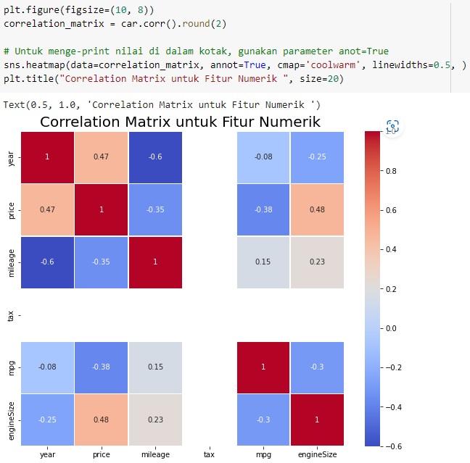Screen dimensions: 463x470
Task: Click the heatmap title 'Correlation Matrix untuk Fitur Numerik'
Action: point(180,122)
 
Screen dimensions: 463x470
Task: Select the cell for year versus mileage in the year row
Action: point(155,157)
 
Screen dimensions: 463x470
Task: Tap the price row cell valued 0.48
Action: point(317,209)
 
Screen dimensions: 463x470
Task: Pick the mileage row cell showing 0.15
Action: point(263,262)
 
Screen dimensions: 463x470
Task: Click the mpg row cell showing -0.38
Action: point(102,367)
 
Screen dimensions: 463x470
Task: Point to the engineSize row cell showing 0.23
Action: point(155,419)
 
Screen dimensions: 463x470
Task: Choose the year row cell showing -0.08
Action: point(263,157)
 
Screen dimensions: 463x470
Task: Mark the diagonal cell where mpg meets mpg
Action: point(263,367)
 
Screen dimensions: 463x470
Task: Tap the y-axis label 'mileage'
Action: point(10,262)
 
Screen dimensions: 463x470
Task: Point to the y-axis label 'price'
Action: point(10,209)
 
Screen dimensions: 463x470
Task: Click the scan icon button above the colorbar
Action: point(392,126)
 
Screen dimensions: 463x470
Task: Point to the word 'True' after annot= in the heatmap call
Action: point(243,66)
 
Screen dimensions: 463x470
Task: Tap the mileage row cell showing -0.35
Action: point(102,262)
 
